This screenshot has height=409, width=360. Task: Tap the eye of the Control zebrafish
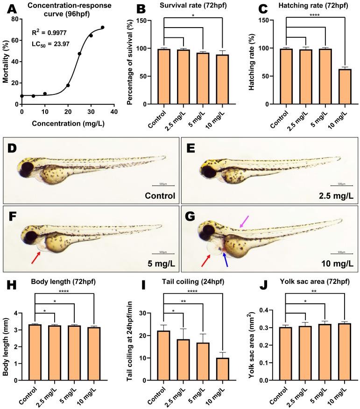26,167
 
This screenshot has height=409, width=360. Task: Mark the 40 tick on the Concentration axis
114,112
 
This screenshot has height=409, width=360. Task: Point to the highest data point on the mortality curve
102,28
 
